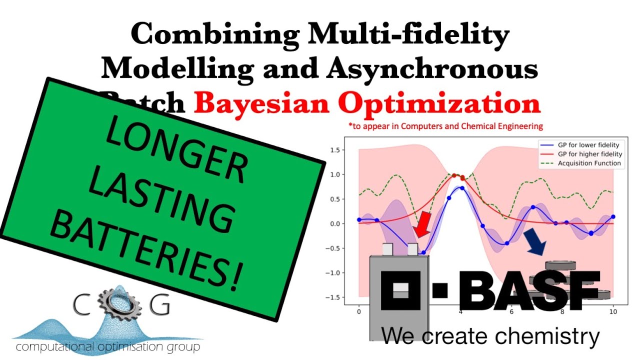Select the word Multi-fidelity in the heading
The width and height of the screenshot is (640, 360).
[x=409, y=35]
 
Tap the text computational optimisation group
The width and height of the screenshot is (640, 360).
[x=108, y=346]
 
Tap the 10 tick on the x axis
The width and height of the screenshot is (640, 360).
[x=613, y=311]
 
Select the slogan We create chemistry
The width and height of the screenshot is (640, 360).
[x=490, y=336]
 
